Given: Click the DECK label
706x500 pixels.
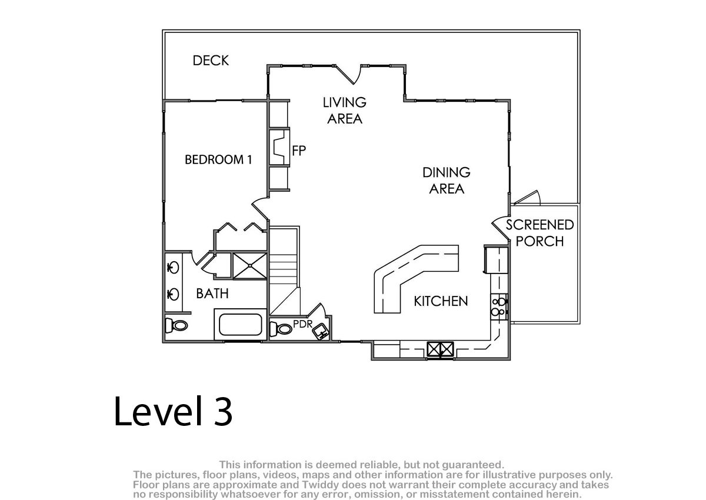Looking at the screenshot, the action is click(x=211, y=61).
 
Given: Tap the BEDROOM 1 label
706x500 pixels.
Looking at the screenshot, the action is click(x=218, y=159).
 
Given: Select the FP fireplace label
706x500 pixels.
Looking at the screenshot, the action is click(x=299, y=151).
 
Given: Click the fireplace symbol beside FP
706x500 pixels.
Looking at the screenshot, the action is click(x=279, y=147).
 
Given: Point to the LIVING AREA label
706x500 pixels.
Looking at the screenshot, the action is click(x=345, y=111).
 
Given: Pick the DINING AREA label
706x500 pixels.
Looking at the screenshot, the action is click(x=447, y=181).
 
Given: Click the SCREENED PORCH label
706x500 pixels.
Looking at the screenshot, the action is click(x=540, y=233).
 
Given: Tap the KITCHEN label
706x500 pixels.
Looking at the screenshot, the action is click(x=441, y=301).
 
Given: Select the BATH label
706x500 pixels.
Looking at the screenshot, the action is click(x=212, y=294).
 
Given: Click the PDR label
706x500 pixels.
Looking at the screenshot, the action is click(x=302, y=324).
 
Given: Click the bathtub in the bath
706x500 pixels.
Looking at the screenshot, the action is click(x=241, y=325).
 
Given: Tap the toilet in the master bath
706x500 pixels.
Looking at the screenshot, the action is click(x=176, y=325).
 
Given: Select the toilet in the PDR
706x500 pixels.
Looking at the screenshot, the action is click(x=281, y=329).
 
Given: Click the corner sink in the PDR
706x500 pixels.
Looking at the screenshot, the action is click(x=321, y=331).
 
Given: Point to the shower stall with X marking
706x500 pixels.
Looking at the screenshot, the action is click(x=249, y=266).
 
